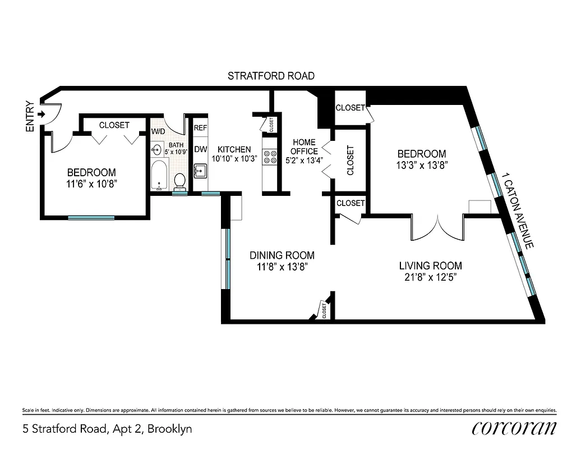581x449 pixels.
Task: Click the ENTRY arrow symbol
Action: [x=41, y=114]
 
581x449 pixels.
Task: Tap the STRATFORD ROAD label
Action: [x=271, y=76]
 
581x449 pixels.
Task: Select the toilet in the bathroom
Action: [x=180, y=181]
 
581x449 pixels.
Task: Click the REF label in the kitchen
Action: [x=200, y=128]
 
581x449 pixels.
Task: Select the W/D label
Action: [x=158, y=132]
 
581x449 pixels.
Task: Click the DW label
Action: [x=200, y=149]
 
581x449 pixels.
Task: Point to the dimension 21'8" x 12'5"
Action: [x=431, y=277]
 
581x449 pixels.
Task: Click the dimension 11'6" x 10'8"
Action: [x=91, y=184]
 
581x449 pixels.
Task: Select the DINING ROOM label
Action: [x=282, y=255]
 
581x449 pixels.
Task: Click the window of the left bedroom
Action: [x=91, y=217]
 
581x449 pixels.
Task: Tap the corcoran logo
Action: [x=514, y=428]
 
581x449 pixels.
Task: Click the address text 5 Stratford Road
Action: [x=107, y=429]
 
